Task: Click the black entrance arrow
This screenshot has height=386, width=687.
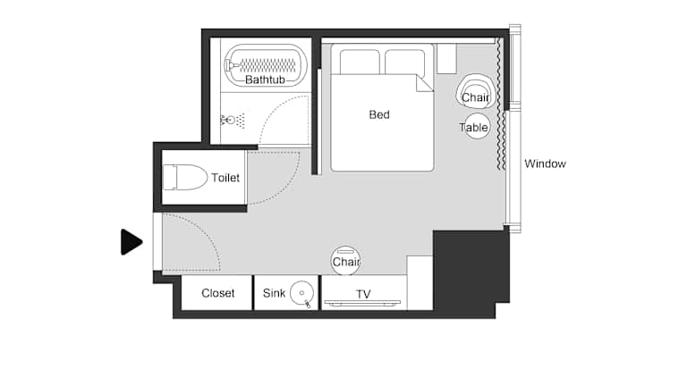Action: click(x=131, y=242)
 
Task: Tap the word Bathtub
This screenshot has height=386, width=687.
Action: click(x=265, y=80)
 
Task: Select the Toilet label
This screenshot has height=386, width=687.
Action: click(x=225, y=178)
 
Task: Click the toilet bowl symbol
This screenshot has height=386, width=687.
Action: click(x=185, y=177)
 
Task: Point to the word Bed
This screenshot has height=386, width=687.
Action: click(x=379, y=114)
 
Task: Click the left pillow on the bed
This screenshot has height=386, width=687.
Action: click(x=360, y=63)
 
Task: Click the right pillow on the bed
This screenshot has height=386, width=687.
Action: click(x=405, y=63)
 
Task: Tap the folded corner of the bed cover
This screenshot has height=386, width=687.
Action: click(x=423, y=84)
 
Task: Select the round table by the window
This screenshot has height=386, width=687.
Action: click(x=476, y=127)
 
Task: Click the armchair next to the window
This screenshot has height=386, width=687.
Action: click(x=476, y=92)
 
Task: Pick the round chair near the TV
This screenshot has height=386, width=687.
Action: click(x=345, y=260)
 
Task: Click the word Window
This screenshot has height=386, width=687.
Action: click(x=545, y=164)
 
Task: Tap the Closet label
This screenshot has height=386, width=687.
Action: click(x=217, y=293)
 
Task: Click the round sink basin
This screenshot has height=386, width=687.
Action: click(x=301, y=293)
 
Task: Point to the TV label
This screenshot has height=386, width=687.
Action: click(x=363, y=294)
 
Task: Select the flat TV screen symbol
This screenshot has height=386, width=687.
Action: click(x=362, y=302)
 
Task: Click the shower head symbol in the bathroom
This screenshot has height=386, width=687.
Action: click(x=233, y=120)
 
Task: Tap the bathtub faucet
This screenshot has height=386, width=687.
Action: click(x=231, y=65)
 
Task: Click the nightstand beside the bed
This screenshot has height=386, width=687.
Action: click(x=446, y=58)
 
